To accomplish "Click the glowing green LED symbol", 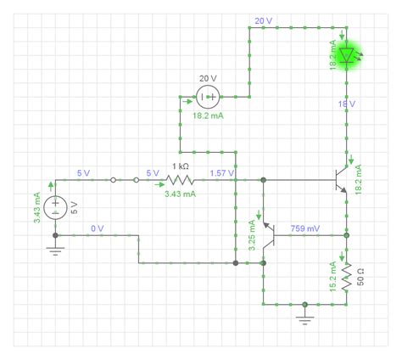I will [x=346, y=56].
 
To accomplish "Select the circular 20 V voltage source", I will [x=209, y=98].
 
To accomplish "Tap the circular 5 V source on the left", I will [x=56, y=207].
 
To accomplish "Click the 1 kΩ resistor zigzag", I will [x=180, y=180].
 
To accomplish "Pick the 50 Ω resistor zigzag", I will [x=346, y=272].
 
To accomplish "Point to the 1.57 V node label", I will [x=222, y=172].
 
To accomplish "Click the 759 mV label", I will [x=304, y=228].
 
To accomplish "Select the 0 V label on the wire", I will [x=97, y=228].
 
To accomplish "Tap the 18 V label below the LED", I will [x=346, y=104].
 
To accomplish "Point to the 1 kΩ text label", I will [x=180, y=166].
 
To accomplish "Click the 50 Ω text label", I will [x=360, y=275].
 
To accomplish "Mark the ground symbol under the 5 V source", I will [x=56, y=249].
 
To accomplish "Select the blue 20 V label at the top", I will [x=263, y=20].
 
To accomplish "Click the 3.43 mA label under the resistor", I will [x=180, y=194].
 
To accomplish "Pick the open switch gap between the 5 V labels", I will [x=125, y=180].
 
